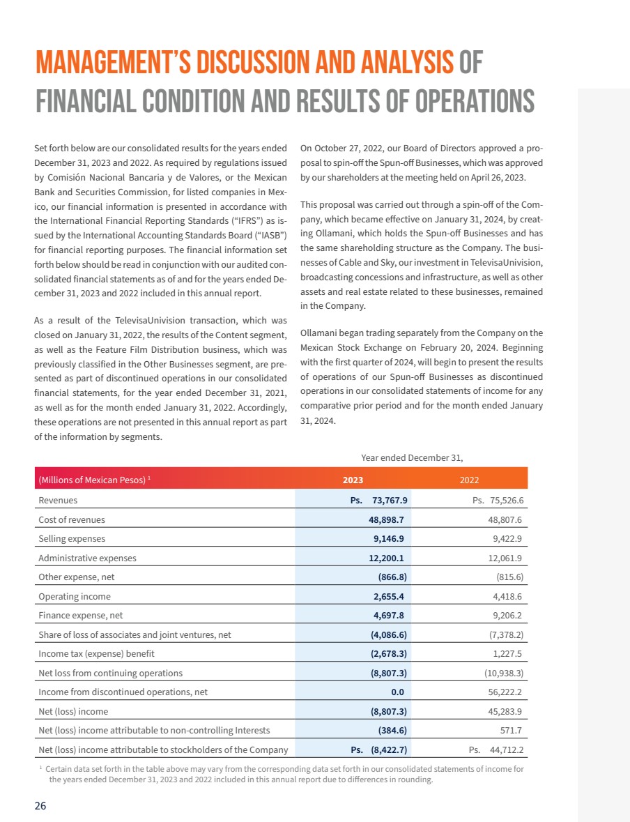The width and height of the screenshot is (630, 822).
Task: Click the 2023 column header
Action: click(353, 480)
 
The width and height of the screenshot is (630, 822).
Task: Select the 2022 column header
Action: click(469, 480)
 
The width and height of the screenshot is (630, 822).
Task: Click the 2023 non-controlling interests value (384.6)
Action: click(392, 731)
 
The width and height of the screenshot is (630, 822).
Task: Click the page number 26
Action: click(40, 805)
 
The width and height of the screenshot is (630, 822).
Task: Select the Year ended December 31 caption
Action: click(412, 457)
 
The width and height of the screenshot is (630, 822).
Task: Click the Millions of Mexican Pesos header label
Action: click(92, 480)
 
